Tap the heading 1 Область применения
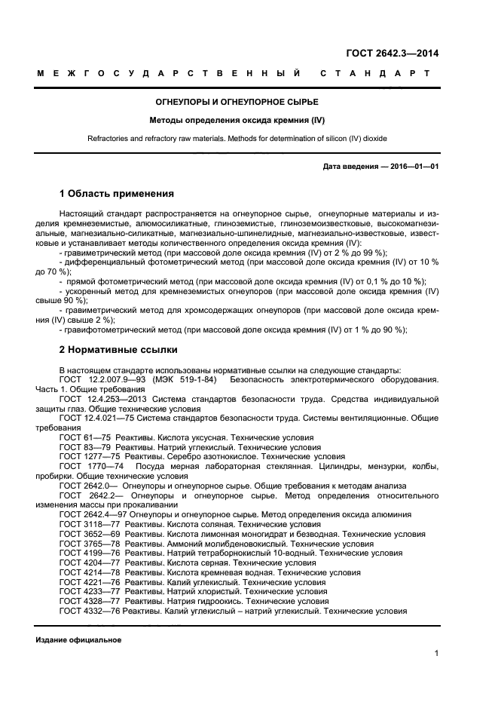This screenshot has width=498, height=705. (x=116, y=194)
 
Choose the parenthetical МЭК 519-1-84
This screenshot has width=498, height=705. (x=187, y=379)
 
